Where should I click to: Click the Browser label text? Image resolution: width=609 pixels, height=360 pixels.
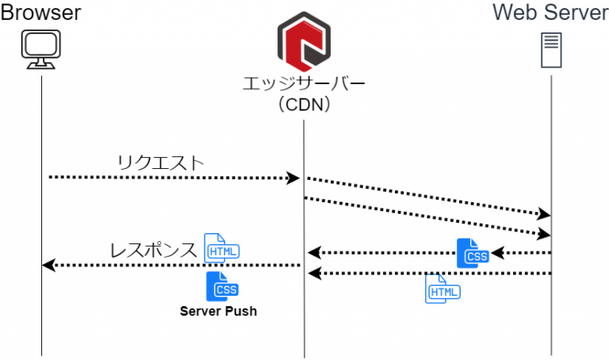click(x=41, y=13)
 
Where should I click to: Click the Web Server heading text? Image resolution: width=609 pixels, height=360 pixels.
click(x=550, y=13)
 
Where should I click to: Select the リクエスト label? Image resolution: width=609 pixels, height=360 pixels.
click(x=160, y=163)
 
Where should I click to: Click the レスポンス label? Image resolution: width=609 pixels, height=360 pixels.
click(x=152, y=251)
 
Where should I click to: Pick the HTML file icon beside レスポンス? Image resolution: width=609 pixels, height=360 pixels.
click(x=221, y=249)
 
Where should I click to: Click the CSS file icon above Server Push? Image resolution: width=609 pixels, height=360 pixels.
click(x=222, y=286)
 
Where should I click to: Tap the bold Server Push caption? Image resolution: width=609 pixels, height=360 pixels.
click(x=218, y=312)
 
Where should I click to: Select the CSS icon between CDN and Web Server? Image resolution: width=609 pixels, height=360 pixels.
click(x=473, y=253)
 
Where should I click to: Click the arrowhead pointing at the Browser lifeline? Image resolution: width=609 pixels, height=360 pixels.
click(x=49, y=265)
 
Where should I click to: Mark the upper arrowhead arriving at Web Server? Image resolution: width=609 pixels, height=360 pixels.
click(x=545, y=215)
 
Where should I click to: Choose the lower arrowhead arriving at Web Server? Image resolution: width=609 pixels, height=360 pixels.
click(x=545, y=234)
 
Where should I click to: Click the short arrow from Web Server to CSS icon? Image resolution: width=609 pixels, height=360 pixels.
click(x=522, y=254)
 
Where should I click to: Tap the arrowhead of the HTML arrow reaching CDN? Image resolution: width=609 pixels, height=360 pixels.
click(x=314, y=274)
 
